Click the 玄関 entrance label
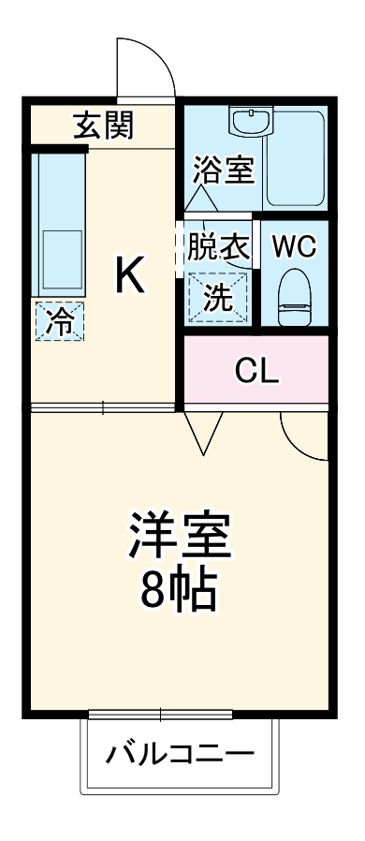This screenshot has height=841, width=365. pyautogui.click(x=103, y=125)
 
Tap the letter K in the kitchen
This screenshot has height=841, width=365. pyautogui.click(x=129, y=274)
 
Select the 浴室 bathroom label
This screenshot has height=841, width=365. pyautogui.click(x=224, y=170)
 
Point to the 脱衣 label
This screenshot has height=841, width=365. pyautogui.click(x=218, y=247)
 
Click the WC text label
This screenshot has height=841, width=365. pyautogui.click(x=294, y=247)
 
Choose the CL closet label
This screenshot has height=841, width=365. pyautogui.click(x=256, y=372)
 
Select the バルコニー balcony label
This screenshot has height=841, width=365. pyautogui.click(x=180, y=753)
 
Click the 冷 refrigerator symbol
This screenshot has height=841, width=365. pyautogui.click(x=59, y=323)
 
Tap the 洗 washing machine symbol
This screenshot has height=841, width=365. pyautogui.click(x=218, y=298)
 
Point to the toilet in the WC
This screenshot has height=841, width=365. pyautogui.click(x=295, y=295)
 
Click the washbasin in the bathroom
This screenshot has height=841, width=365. pyautogui.click(x=250, y=123)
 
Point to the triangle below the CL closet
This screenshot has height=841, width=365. pyautogui.click(x=202, y=432)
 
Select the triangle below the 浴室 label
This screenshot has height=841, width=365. pyautogui.click(x=199, y=199)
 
